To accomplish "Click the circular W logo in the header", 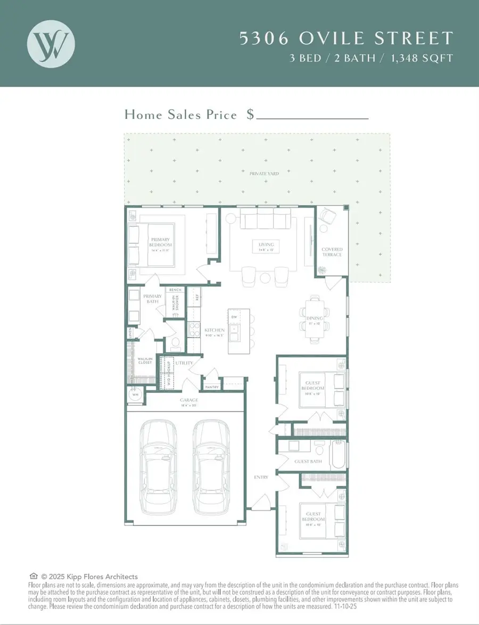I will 51,43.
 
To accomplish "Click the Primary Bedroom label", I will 160,242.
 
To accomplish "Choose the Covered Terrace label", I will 332,252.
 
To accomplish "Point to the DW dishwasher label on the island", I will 234,317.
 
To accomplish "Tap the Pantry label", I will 211,387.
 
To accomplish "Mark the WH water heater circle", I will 135,395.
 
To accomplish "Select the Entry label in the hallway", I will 261,477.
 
